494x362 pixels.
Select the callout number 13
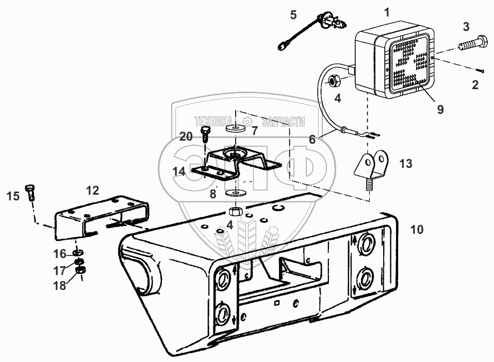[x=406, y=164]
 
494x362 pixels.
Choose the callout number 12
[x=92, y=190]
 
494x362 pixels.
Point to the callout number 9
[x=439, y=109]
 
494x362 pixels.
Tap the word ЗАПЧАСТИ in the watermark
[x=283, y=122]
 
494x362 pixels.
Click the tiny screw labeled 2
[x=480, y=71]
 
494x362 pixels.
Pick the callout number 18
[x=60, y=286]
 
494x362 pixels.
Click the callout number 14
[x=179, y=171]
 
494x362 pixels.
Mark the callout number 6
[x=311, y=139]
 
